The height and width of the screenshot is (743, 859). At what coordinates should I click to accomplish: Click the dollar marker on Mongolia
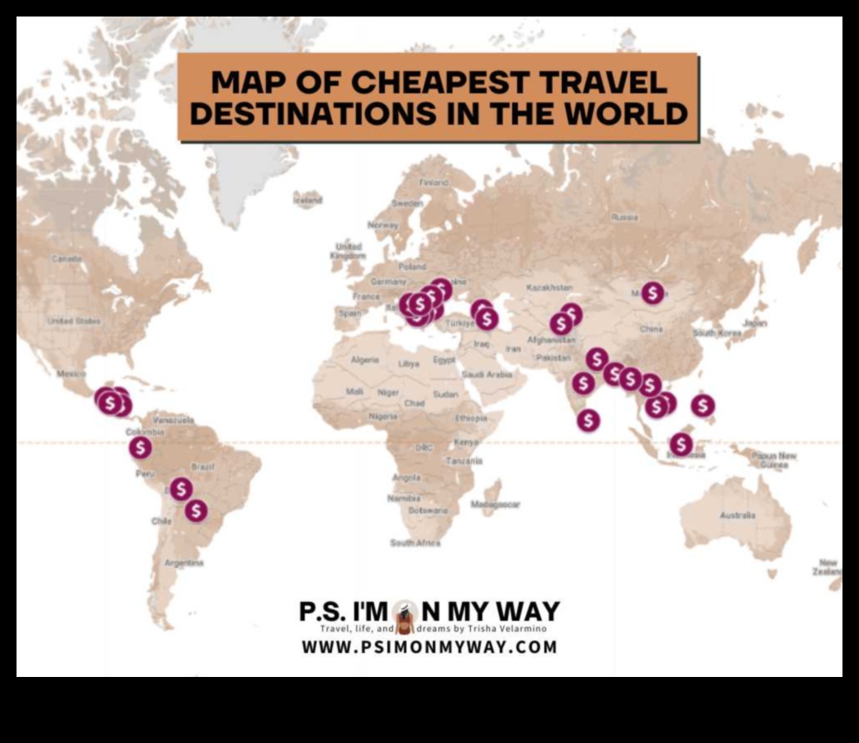click(x=653, y=292)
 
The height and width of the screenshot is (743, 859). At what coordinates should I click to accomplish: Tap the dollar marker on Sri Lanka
click(x=588, y=420)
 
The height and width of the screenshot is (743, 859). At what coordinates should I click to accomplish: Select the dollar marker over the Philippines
click(x=703, y=405)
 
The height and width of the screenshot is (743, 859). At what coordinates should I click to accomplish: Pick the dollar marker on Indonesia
click(x=681, y=444)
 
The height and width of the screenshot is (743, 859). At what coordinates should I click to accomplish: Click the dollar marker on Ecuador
click(x=140, y=447)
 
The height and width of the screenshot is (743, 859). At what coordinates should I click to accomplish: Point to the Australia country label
click(x=737, y=515)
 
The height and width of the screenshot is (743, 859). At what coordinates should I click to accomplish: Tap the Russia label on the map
click(x=624, y=217)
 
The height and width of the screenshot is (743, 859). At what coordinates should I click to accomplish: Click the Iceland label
click(x=307, y=199)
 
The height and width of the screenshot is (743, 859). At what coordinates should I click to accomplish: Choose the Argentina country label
click(x=184, y=563)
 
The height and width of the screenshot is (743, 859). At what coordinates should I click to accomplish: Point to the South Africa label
click(x=415, y=542)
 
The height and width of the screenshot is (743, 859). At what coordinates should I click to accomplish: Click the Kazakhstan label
click(x=549, y=287)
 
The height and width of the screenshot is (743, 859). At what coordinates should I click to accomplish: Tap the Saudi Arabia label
click(x=487, y=374)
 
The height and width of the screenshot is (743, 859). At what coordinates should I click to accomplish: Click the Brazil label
click(x=202, y=467)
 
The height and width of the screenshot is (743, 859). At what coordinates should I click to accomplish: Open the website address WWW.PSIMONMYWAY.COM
click(x=429, y=646)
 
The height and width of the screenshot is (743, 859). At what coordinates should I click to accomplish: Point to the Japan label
click(x=754, y=323)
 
